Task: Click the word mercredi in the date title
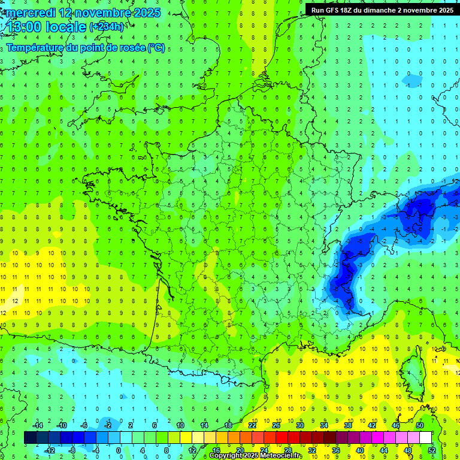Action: pos(30,13)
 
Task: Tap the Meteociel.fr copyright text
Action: pos(256,456)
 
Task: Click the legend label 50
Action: pos(419,425)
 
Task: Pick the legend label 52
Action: pos(431,450)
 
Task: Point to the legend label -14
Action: pos(38,425)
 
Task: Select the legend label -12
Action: pos(50,450)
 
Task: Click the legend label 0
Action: pos(118,450)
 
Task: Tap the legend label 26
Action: pos(276,425)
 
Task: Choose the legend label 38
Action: pos(347,425)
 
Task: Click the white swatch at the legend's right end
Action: pos(425,438)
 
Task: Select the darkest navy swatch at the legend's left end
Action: pos(30,438)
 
